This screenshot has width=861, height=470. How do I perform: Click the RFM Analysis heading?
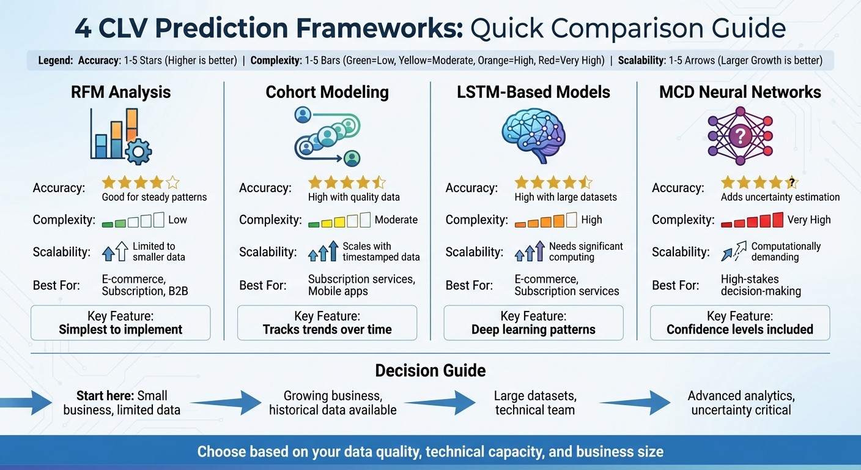[122, 92]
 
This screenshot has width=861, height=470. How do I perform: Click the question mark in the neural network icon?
[740, 135]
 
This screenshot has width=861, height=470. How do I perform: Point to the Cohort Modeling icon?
[327, 136]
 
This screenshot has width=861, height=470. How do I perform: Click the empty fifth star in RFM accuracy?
[172, 182]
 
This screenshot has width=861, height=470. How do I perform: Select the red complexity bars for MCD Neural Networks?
[753, 220]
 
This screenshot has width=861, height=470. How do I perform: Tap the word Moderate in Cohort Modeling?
[396, 220]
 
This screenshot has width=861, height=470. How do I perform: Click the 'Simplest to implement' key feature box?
[120, 323]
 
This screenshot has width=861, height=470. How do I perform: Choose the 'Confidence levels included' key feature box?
[740, 323]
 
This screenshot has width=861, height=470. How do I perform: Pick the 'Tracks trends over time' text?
[327, 330]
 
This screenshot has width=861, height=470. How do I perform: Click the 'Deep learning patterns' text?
[533, 330]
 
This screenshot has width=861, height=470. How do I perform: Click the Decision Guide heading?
[430, 370]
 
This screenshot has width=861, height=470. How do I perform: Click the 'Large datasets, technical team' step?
[535, 403]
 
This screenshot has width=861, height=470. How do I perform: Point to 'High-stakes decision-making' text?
[761, 285]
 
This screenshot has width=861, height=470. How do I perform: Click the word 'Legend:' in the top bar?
[55, 61]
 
